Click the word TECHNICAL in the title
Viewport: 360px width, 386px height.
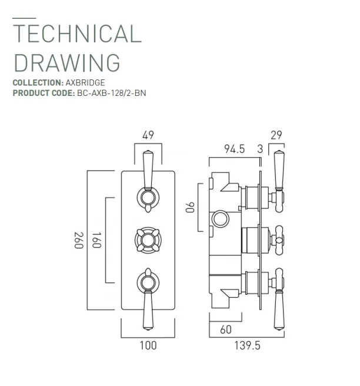click(77, 34)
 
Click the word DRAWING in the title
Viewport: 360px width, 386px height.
click(66, 62)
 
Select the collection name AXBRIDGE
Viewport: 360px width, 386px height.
click(85, 83)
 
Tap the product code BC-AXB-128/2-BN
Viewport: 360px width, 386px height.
click(111, 93)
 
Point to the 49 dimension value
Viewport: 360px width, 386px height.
click(148, 135)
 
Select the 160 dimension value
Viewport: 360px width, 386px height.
click(97, 240)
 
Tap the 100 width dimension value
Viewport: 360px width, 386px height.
click(149, 345)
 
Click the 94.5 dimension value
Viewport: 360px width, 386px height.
click(234, 149)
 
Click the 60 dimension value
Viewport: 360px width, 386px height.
click(225, 330)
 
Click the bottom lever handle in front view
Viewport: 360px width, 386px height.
click(148, 297)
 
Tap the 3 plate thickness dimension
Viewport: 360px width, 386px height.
click(260, 149)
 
